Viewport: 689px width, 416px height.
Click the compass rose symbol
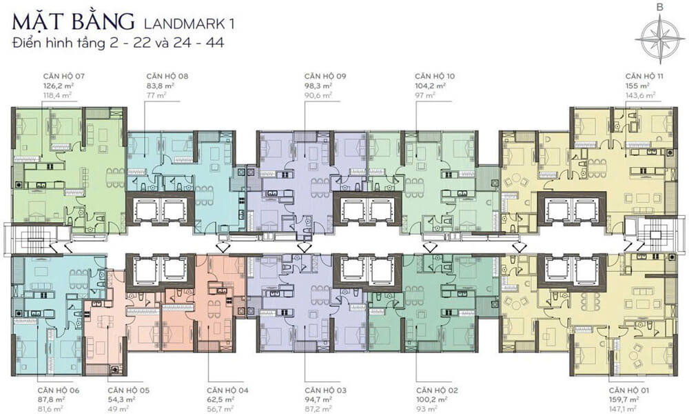[659, 37]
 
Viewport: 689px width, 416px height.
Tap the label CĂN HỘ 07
[63, 76]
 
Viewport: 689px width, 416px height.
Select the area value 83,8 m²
[161, 86]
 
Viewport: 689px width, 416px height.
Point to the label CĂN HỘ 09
[325, 76]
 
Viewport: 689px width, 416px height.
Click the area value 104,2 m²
[430, 86]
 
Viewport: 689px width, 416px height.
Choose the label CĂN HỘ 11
[644, 76]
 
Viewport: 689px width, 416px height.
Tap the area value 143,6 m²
[641, 95]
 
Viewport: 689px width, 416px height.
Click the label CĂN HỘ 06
[59, 390]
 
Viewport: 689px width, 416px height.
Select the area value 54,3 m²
[121, 399]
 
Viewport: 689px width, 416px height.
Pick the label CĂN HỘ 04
[227, 390]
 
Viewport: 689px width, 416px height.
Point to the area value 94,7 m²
[318, 399]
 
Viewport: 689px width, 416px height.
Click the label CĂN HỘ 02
[437, 390]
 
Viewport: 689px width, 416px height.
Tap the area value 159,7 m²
[624, 399]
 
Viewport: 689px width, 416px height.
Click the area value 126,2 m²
[58, 86]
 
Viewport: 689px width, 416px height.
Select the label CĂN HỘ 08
[167, 76]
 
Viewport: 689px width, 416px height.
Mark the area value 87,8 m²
[52, 399]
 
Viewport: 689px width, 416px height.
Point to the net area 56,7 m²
[220, 409]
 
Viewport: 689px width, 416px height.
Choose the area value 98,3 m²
[318, 86]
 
